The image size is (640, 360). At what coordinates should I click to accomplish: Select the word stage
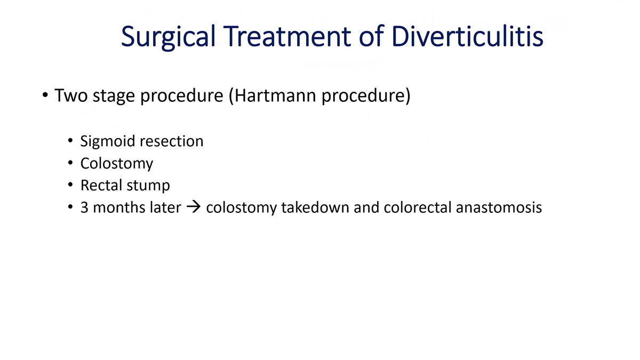(x=112, y=98)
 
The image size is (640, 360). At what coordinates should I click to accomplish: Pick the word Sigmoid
(x=108, y=142)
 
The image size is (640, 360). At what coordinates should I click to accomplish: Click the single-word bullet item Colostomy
(x=116, y=164)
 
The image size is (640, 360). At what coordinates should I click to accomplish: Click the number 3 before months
(x=84, y=207)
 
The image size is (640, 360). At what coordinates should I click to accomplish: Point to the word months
(x=114, y=207)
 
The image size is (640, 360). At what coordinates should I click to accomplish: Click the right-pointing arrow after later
(x=193, y=207)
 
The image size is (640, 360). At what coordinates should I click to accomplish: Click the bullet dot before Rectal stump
(x=71, y=186)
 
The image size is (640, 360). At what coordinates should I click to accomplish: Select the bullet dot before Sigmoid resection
(x=71, y=142)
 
